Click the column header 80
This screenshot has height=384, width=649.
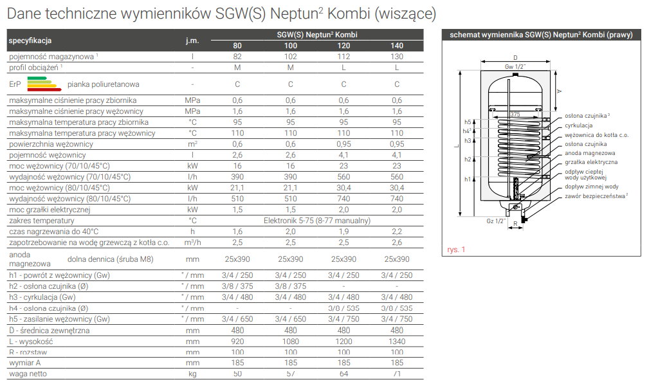(238, 46)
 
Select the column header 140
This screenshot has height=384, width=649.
(397, 46)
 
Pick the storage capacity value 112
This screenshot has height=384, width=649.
(343, 57)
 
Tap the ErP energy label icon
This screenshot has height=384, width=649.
(38, 84)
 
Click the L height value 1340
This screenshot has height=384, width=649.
(397, 342)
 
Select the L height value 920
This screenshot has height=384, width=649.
(238, 342)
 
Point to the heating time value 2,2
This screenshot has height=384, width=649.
(397, 232)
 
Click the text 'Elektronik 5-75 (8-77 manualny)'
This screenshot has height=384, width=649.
(317, 221)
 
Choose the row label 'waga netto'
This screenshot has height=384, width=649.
(28, 374)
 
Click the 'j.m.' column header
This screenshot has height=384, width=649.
(192, 41)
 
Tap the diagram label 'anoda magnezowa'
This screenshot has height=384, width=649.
(590, 153)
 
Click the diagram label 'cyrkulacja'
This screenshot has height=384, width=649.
(579, 125)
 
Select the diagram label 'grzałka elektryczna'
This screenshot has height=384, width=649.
(591, 162)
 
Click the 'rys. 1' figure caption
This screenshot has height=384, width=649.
(455, 249)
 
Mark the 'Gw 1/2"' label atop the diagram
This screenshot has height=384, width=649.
(515, 66)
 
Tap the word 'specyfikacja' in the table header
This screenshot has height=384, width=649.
(30, 41)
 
